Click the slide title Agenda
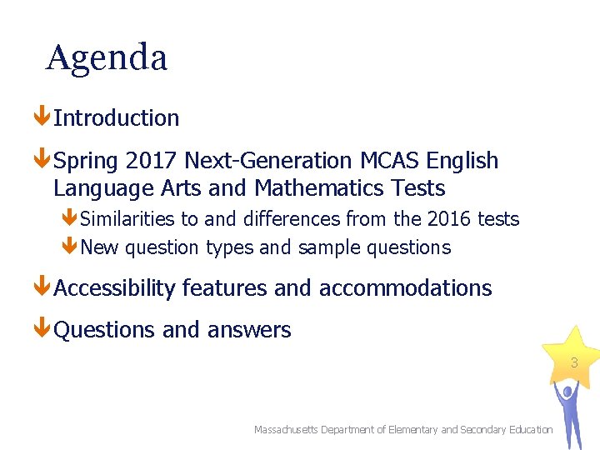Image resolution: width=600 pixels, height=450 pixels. pyautogui.click(x=107, y=57)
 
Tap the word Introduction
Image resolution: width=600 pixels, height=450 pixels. pyautogui.click(x=117, y=118)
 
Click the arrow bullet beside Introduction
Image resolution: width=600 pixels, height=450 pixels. pyautogui.click(x=42, y=117)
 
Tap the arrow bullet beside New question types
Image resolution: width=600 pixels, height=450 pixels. pyautogui.click(x=69, y=247)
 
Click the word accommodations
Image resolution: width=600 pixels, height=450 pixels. pyautogui.click(x=405, y=288)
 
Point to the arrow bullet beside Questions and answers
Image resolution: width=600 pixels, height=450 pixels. pyautogui.click(x=42, y=329)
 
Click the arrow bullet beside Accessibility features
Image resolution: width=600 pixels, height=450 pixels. pyautogui.click(x=42, y=287)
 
